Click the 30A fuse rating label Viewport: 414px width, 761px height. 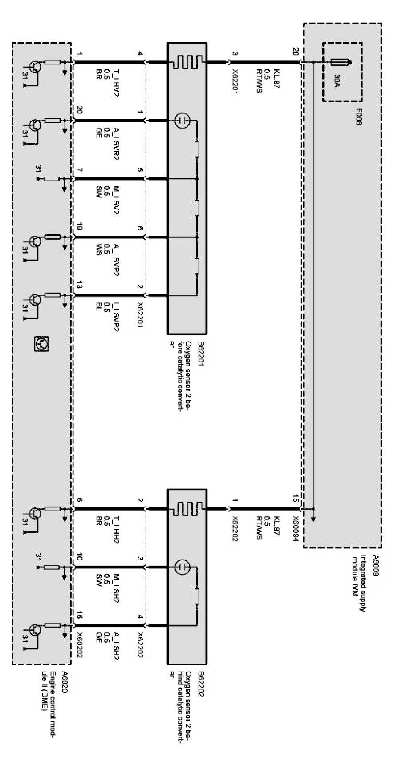tap(337, 81)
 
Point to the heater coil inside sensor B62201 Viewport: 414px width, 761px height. tap(187, 62)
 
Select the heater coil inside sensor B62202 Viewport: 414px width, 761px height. tap(187, 507)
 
